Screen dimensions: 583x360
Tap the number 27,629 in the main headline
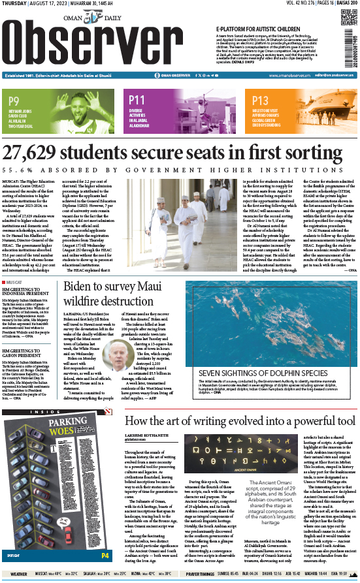click(x=41, y=153)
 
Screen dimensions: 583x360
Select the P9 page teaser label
click(x=14, y=100)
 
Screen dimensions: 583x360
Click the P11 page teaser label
click(x=137, y=100)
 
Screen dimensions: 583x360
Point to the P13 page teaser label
click(x=260, y=100)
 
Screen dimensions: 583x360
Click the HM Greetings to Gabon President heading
click(x=29, y=353)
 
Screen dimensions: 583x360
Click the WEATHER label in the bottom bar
click(x=19, y=574)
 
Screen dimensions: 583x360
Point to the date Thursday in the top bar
click(x=15, y=4)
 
